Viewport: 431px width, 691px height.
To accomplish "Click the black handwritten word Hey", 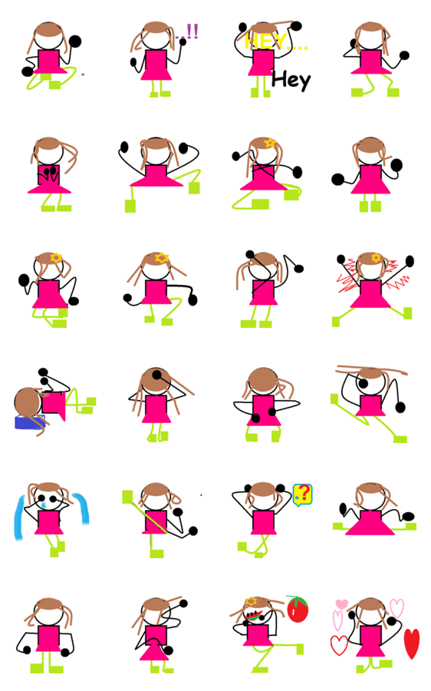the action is pyautogui.click(x=291, y=80).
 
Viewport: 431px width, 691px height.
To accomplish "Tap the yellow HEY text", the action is pyautogui.click(x=275, y=42).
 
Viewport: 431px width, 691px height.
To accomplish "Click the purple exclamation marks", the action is pyautogui.click(x=189, y=31).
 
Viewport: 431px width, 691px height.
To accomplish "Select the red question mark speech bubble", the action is pyautogui.click(x=302, y=494).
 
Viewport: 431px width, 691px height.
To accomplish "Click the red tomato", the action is pyautogui.click(x=298, y=609).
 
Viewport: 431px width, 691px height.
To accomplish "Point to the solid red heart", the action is pyautogui.click(x=412, y=643).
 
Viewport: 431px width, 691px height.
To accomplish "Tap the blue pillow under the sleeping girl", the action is pyautogui.click(x=28, y=422).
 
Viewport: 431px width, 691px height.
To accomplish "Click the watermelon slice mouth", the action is pyautogui.click(x=252, y=615).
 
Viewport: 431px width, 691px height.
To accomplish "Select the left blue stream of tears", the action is pyautogui.click(x=21, y=517).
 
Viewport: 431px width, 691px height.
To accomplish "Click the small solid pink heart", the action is pyautogui.click(x=341, y=603).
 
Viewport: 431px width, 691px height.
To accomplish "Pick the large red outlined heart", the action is pyautogui.click(x=339, y=645).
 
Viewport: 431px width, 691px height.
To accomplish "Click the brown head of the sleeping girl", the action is pyautogui.click(x=28, y=402).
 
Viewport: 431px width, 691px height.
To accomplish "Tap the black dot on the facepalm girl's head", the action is pyautogui.click(x=157, y=375).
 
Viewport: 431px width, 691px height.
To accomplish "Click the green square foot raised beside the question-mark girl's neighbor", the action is pyautogui.click(x=127, y=496).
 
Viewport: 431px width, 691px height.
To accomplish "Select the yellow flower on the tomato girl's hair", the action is pyautogui.click(x=251, y=601).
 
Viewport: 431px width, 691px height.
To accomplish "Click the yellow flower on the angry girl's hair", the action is pyautogui.click(x=376, y=257).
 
